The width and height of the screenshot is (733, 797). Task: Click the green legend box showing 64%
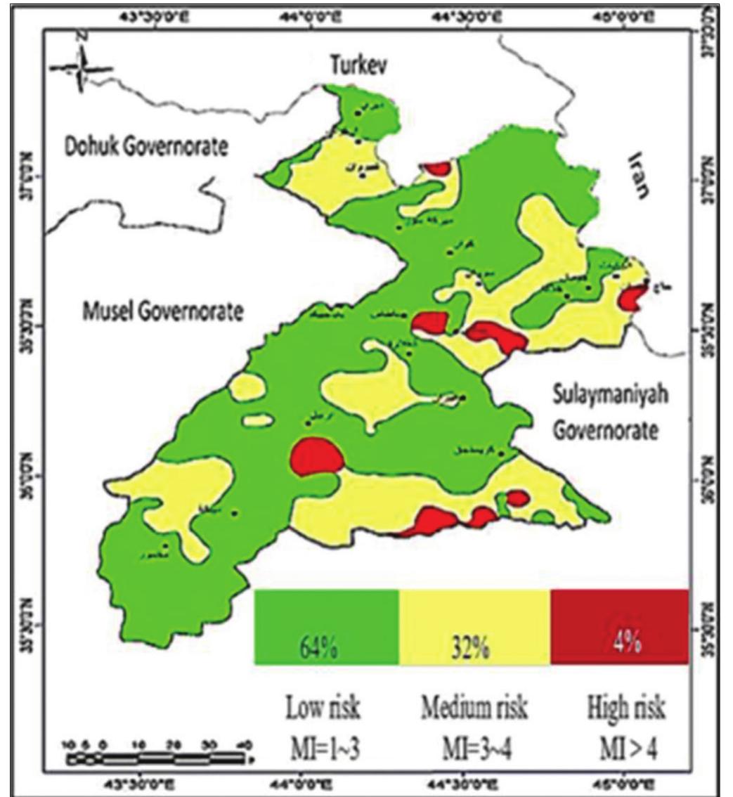(326, 626)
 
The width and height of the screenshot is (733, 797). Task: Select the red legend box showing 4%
(619, 626)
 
